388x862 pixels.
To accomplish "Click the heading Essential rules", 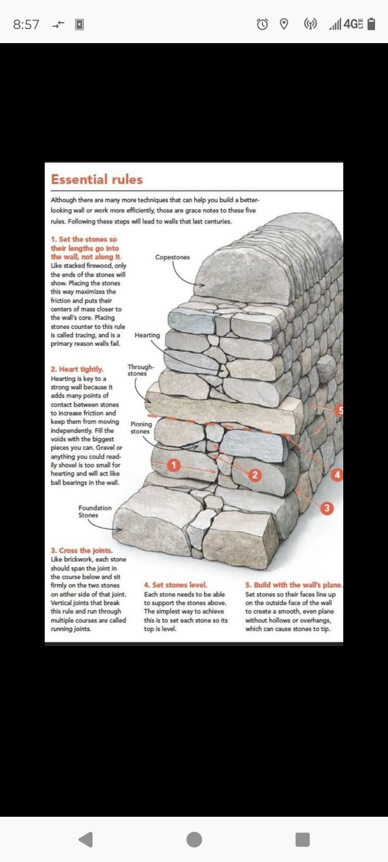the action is [x=96, y=179].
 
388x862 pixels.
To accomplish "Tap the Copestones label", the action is [x=172, y=257].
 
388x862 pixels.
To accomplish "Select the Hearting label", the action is [x=147, y=335].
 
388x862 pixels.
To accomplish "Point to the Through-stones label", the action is [x=141, y=370].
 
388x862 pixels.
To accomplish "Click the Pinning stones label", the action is [x=141, y=428].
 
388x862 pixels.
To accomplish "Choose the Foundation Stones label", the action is [x=95, y=511].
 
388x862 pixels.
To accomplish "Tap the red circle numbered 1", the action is [x=174, y=465].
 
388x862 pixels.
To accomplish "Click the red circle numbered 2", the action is [x=254, y=475].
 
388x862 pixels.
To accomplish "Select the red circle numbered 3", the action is [x=327, y=508].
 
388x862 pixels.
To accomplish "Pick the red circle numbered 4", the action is [x=337, y=475].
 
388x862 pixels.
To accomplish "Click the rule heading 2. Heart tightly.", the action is [x=77, y=369].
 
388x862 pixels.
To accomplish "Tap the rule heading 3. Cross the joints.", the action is [x=81, y=550].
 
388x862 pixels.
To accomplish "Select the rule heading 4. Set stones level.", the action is [x=176, y=585].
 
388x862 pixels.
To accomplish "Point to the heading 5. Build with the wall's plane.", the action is [x=294, y=585].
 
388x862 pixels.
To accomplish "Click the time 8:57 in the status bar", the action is [x=26, y=25].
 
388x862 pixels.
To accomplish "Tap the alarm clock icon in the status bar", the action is [x=262, y=24].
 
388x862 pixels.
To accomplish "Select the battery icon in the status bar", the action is [x=371, y=24].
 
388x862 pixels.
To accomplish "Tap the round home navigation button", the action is [x=194, y=839].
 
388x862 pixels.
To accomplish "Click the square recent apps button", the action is [x=302, y=839].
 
